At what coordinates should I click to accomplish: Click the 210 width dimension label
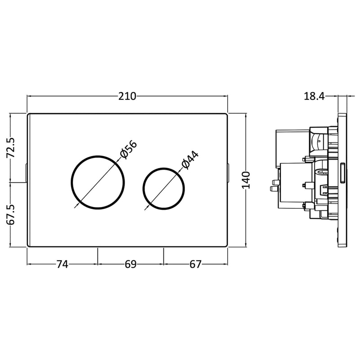(127, 96)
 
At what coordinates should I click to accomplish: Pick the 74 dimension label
(62, 265)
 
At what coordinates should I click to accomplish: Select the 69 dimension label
(130, 265)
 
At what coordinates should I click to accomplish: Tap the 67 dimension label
(195, 265)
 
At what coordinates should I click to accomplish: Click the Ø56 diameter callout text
(128, 150)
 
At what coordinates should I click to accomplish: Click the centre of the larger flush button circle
(98, 182)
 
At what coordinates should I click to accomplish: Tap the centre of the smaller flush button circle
(163, 189)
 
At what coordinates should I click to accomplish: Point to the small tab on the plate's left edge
(27, 173)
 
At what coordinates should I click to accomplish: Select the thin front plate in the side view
(343, 180)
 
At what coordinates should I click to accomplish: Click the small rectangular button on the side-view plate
(344, 173)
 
